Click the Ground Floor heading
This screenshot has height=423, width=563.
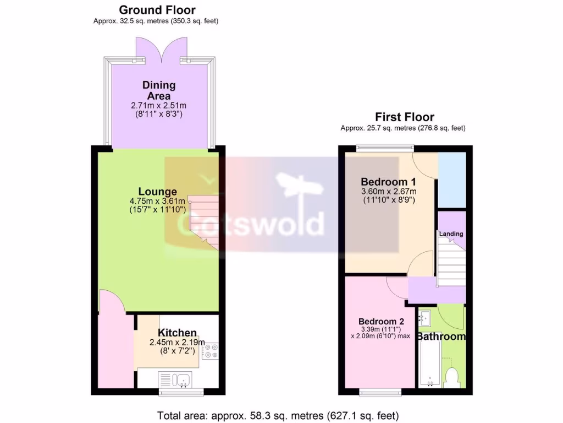(x=157, y=10)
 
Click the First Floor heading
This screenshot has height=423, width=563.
(x=405, y=117)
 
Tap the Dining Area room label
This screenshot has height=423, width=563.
(x=159, y=91)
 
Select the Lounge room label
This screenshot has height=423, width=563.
(x=157, y=192)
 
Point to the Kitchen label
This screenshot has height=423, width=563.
(x=177, y=333)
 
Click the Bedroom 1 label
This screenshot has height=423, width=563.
(x=388, y=182)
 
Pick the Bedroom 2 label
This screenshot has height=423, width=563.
(x=382, y=322)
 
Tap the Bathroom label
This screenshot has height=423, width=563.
(x=441, y=337)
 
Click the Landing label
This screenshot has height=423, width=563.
(x=451, y=234)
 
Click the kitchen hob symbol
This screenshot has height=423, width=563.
(x=210, y=351)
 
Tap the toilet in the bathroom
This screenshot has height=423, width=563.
(x=452, y=378)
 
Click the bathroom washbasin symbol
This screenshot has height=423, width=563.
(x=424, y=318)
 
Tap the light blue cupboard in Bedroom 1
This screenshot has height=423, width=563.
(x=451, y=180)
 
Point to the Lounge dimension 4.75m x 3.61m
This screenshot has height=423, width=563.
(x=157, y=202)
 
